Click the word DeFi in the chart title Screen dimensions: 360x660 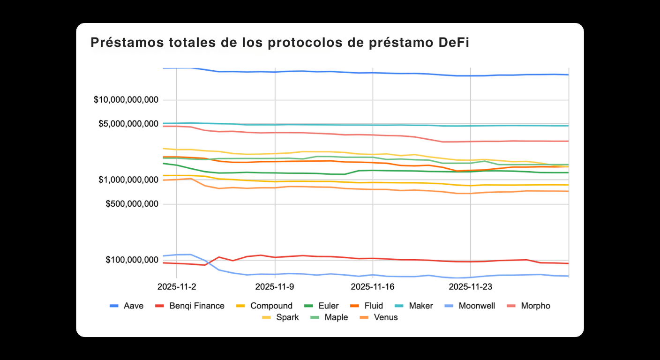[x=453, y=43]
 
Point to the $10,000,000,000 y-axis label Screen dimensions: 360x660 [x=126, y=100]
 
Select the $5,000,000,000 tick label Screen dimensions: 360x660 [x=128, y=124]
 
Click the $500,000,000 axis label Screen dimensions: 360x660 [x=131, y=204]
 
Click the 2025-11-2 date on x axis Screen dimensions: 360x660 [x=177, y=286]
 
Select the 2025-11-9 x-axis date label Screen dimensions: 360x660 [x=275, y=286]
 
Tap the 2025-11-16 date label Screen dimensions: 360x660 [x=373, y=286]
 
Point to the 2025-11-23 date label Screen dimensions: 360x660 [x=470, y=286]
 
